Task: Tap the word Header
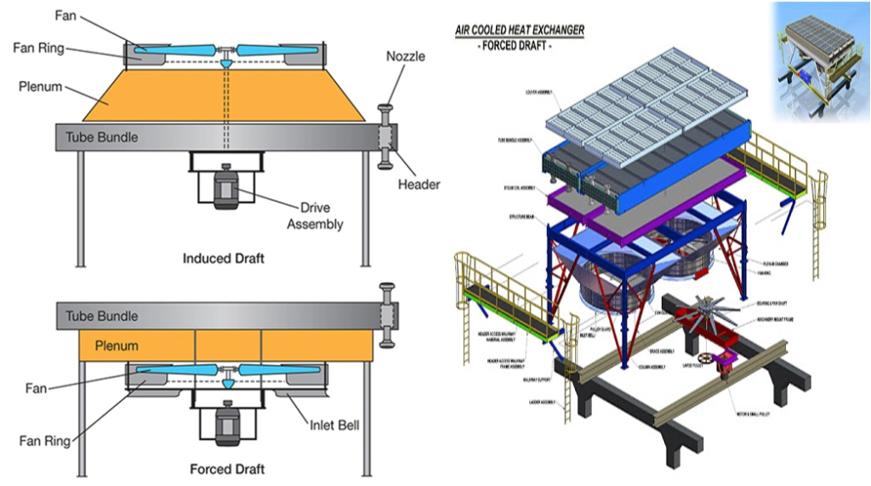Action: click(x=418, y=185)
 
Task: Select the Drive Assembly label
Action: click(x=315, y=216)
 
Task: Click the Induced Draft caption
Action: click(x=224, y=258)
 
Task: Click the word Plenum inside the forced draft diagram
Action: click(x=117, y=346)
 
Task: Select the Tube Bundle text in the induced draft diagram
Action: click(x=101, y=137)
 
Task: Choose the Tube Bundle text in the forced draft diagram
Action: click(x=101, y=316)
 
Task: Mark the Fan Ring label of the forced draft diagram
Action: click(x=44, y=441)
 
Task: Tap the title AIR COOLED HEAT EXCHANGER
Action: click(x=520, y=31)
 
